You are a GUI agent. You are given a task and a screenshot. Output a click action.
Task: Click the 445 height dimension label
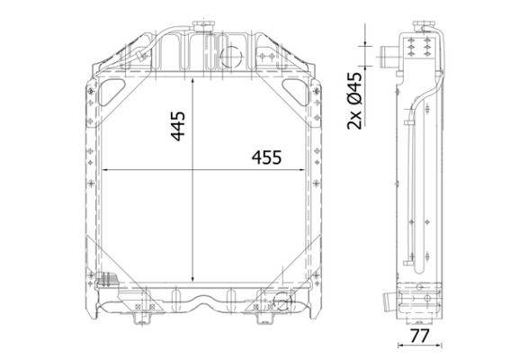tap(178, 126)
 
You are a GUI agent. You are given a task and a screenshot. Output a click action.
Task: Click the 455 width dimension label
tap(266, 157)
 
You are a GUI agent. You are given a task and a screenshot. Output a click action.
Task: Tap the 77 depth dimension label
tap(419, 336)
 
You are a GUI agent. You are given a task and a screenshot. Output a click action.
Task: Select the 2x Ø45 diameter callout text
tap(354, 101)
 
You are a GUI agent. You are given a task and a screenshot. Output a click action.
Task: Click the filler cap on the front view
tap(203, 26)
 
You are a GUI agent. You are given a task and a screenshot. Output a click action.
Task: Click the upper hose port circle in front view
tap(231, 57)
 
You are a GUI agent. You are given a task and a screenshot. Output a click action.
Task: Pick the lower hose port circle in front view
tap(282, 302)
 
